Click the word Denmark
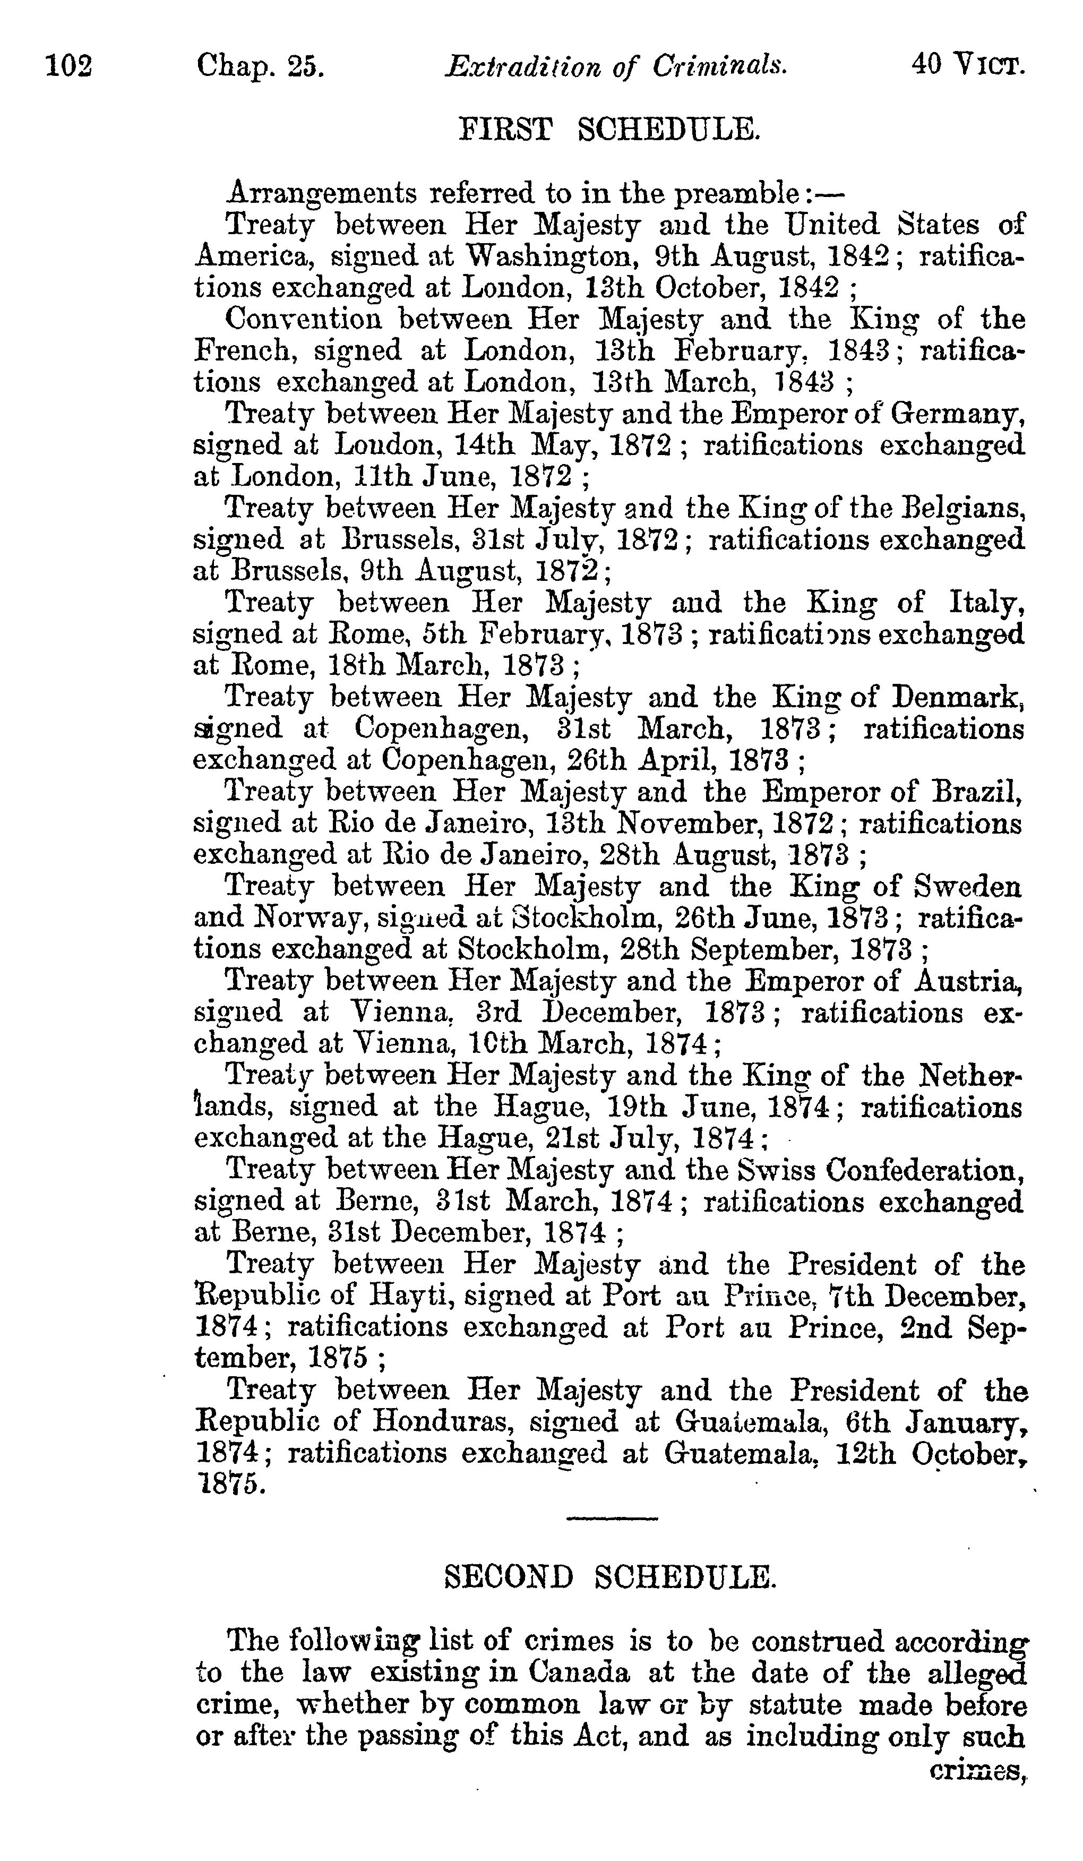[x=958, y=698]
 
